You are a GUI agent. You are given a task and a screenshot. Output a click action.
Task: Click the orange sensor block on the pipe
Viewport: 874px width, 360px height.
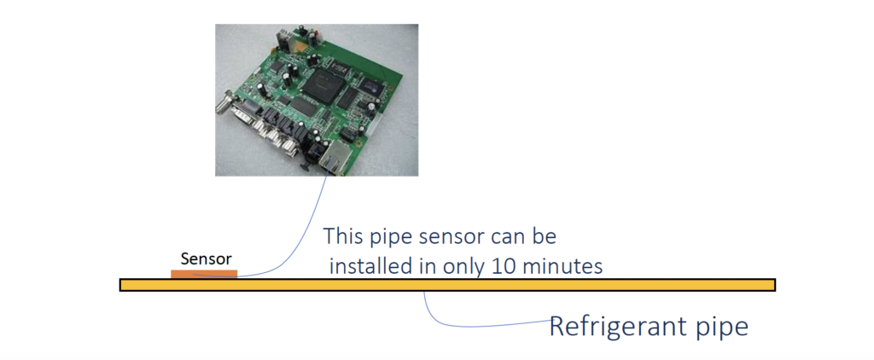tap(204, 274)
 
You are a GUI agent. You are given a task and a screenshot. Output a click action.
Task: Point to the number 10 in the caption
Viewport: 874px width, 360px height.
tap(505, 266)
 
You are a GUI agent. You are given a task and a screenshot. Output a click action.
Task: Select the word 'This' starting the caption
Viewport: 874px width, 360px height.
tap(345, 235)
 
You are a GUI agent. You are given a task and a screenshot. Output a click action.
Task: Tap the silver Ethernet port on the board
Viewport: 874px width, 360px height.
tap(335, 159)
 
